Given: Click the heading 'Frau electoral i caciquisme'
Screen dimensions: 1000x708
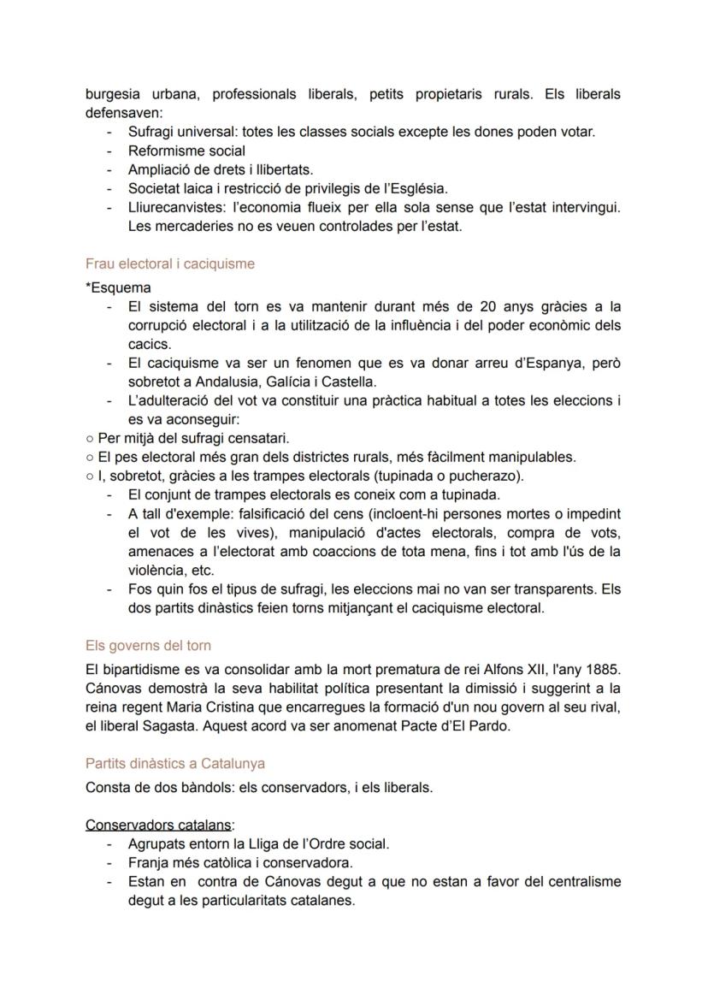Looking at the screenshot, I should (x=170, y=264).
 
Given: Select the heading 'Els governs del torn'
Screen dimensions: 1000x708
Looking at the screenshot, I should (x=148, y=645).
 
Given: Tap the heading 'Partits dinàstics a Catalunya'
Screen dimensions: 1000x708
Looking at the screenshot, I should (x=175, y=763).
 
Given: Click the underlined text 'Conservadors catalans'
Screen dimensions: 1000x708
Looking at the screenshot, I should (x=159, y=825).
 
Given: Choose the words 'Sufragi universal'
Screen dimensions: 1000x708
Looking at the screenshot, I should (x=182, y=133).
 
